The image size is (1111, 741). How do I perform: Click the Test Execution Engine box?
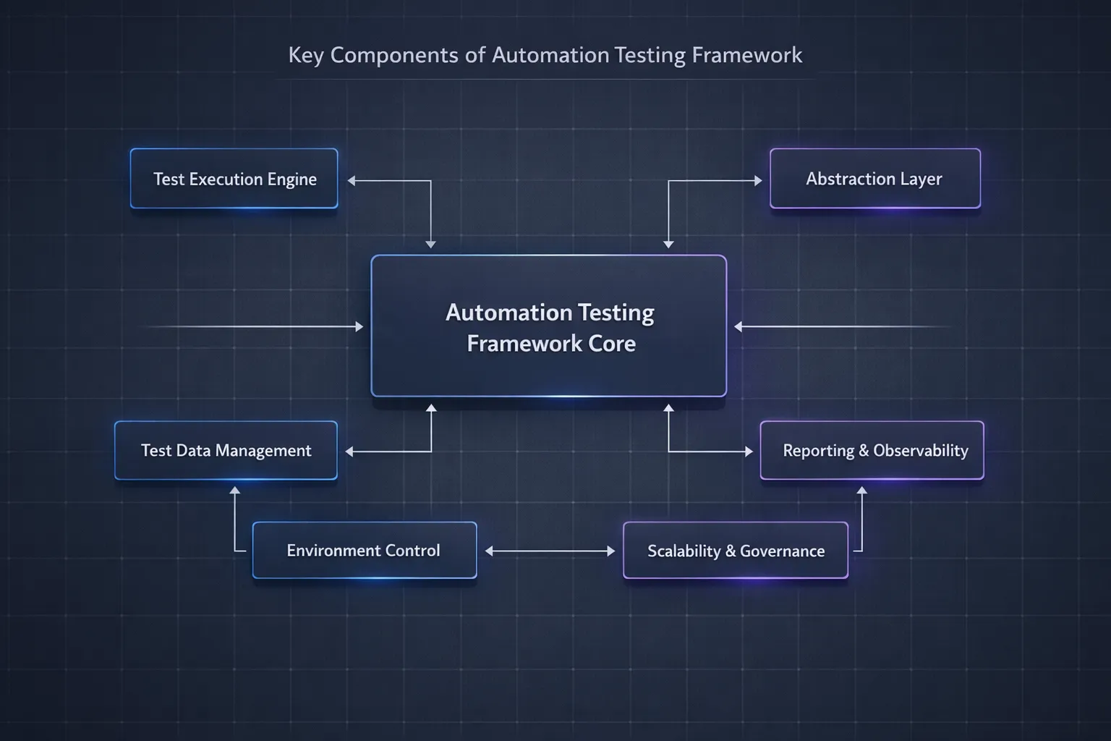pos(234,179)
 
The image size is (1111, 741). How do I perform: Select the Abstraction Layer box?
pos(874,179)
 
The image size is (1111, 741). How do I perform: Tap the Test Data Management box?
pos(226,450)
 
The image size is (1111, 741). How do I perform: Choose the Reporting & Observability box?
pos(872,450)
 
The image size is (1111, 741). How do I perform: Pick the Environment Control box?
pos(364,551)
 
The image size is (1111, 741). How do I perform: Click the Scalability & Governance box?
pos(735,551)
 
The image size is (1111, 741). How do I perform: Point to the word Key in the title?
pos(305,55)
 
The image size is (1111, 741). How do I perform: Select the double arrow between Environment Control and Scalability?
pos(550,551)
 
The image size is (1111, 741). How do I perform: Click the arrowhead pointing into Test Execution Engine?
pos(352,181)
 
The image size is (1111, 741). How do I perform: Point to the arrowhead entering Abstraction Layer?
pos(758,181)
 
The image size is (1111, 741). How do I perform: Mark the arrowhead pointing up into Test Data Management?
pos(234,491)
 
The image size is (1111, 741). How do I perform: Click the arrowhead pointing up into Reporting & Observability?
pos(861,491)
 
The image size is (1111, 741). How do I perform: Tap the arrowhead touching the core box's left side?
pos(359,327)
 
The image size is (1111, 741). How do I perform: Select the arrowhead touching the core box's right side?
pos(738,327)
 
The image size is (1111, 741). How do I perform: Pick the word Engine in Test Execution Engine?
pos(292,179)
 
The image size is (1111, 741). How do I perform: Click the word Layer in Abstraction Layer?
pos(921,179)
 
